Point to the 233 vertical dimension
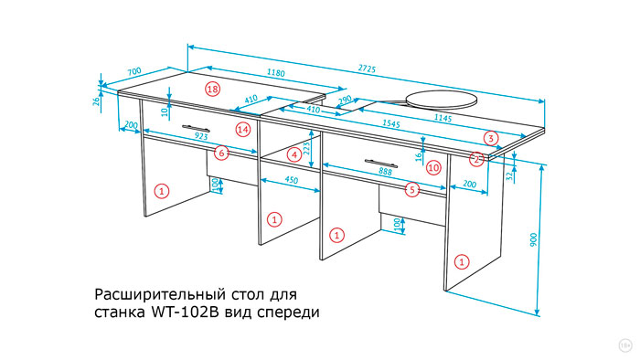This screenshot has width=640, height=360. pyautogui.click(x=308, y=147)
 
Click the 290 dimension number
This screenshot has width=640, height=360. pyautogui.click(x=345, y=100)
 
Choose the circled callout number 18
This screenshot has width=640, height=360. pyautogui.click(x=212, y=90)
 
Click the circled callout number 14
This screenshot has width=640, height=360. pyautogui.click(x=242, y=130)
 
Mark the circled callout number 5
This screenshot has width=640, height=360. pyautogui.click(x=412, y=189)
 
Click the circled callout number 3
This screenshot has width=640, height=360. pyautogui.click(x=491, y=138)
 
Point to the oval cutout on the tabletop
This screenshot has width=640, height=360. pyautogui.click(x=442, y=97)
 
